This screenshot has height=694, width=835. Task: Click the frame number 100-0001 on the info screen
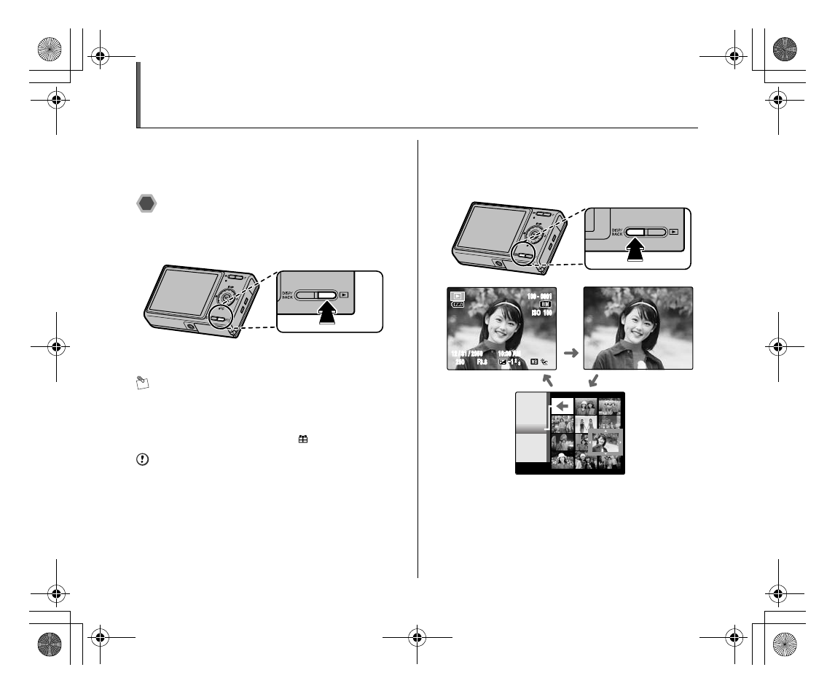point(539,297)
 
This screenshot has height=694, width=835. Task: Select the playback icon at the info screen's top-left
point(458,297)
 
